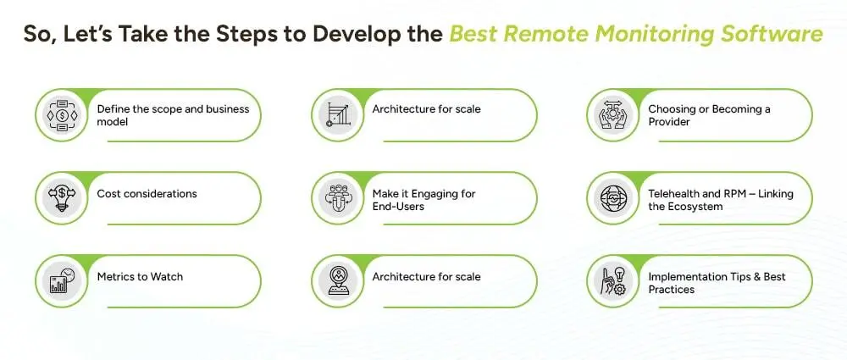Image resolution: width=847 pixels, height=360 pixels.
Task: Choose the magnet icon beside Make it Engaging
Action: pos(336,198)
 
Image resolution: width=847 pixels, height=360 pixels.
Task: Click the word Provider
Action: pos(669,122)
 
